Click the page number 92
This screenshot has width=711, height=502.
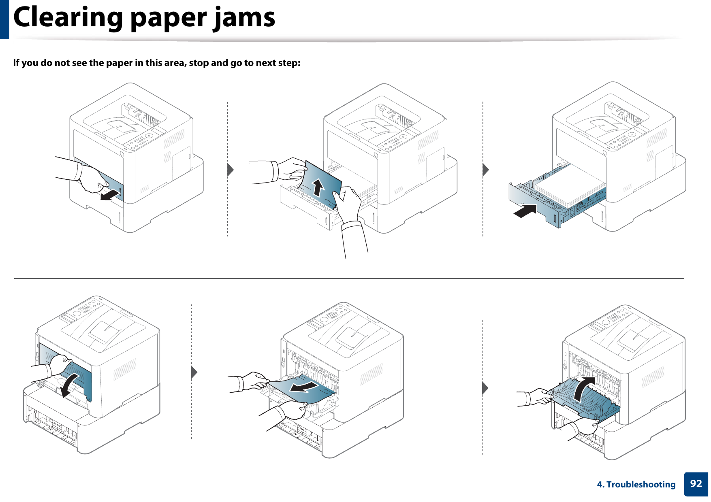pos(696,484)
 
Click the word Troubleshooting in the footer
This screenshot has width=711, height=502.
pos(641,485)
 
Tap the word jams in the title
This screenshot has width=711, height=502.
pos(244,18)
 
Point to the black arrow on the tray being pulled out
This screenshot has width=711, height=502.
pos(111,196)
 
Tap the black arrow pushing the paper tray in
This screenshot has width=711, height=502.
pos(526,211)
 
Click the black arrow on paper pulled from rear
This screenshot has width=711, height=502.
pos(304,387)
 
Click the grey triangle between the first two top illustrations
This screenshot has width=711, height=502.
pos(231,170)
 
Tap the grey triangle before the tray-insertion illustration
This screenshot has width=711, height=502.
pos(486,170)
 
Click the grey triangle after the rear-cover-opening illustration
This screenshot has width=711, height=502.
pos(194,372)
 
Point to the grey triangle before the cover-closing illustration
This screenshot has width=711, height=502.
pos(485,388)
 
